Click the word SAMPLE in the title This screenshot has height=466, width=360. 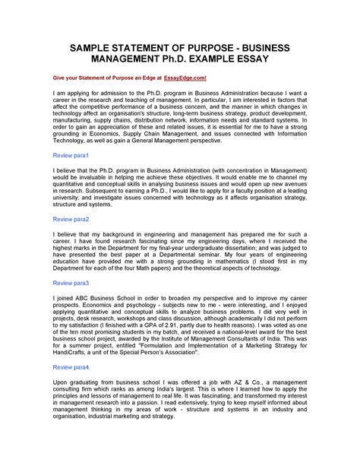pyautogui.click(x=71, y=46)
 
